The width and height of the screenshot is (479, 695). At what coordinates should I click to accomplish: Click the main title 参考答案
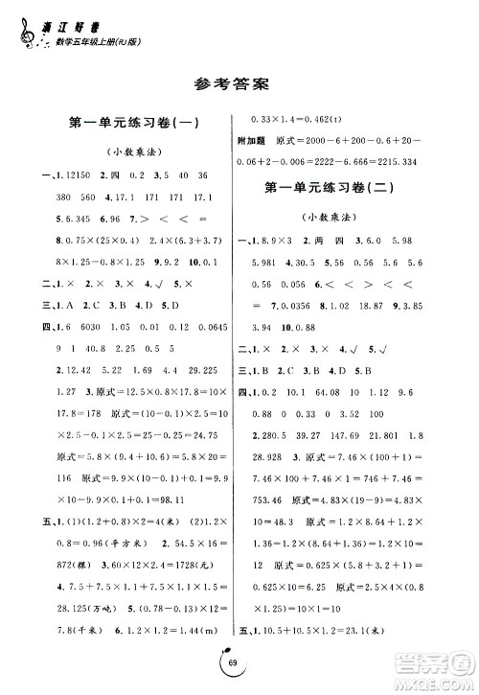click(239, 79)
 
